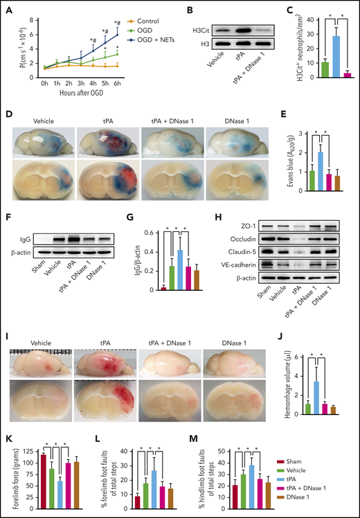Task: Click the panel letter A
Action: [x=8, y=9]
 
